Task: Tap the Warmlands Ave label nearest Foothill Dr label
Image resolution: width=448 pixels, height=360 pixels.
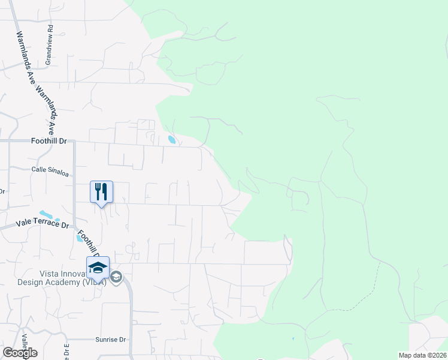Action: [47, 108]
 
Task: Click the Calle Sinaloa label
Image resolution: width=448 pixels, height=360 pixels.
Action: [50, 170]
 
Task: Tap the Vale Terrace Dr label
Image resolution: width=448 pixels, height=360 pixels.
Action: [42, 224]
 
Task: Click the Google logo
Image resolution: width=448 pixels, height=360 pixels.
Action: [20, 352]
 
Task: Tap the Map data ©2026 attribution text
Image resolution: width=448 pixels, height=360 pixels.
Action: [422, 355]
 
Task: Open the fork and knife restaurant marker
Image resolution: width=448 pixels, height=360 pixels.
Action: [101, 192]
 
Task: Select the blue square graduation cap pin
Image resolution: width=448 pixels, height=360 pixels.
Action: [98, 268]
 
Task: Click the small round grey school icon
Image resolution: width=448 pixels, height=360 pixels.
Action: [116, 277]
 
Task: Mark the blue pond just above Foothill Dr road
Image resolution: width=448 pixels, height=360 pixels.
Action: [172, 140]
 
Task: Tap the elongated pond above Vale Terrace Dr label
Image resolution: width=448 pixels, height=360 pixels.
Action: [46, 214]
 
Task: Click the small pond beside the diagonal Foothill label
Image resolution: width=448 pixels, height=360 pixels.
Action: [80, 237]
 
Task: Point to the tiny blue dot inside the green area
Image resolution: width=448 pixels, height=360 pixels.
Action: [293, 339]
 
